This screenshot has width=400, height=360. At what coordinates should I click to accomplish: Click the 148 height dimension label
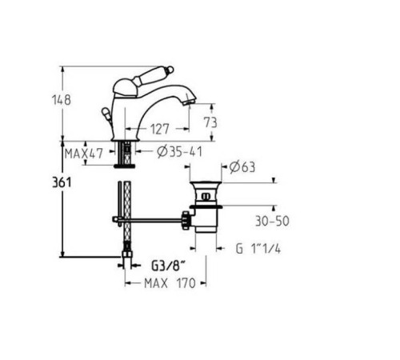[62, 100]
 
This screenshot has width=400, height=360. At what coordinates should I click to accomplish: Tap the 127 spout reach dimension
[159, 129]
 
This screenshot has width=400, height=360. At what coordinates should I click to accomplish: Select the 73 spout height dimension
[210, 122]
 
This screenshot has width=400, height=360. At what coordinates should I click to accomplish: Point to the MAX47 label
[83, 154]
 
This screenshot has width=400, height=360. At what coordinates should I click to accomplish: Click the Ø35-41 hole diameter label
[179, 152]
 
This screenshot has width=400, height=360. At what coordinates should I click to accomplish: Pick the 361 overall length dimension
[62, 182]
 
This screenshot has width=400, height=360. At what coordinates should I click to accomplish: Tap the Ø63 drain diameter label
[242, 167]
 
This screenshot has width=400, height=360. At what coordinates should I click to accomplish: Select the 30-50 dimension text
[272, 221]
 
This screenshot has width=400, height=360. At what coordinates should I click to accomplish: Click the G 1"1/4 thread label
[258, 249]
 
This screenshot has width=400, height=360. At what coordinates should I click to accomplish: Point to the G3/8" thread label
[168, 266]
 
